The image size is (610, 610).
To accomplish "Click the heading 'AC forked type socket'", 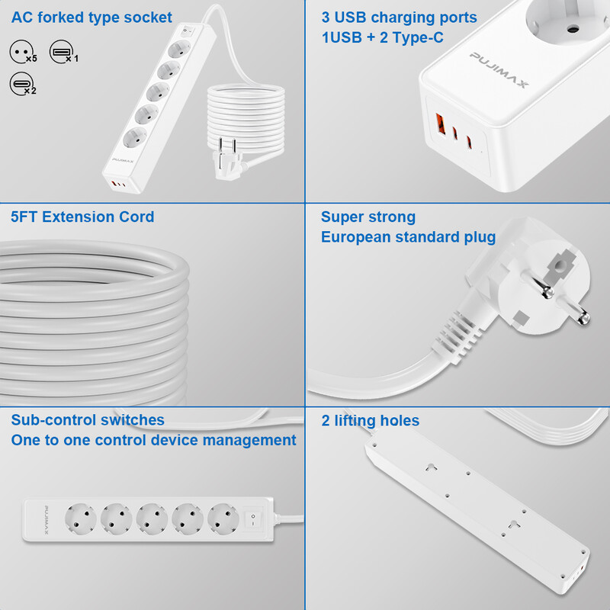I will click(91, 18).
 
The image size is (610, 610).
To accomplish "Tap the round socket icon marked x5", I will click(21, 52).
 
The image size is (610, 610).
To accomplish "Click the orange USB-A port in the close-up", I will click(441, 123).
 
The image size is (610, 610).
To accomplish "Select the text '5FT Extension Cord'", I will click(82, 217).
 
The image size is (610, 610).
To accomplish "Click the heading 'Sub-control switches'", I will click(88, 420).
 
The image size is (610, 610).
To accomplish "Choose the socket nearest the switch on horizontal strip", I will click(224, 521).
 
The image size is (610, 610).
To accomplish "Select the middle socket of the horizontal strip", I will click(152, 521).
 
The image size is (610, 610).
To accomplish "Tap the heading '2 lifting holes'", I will click(370, 420).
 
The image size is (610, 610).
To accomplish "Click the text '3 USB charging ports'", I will click(399, 18).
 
